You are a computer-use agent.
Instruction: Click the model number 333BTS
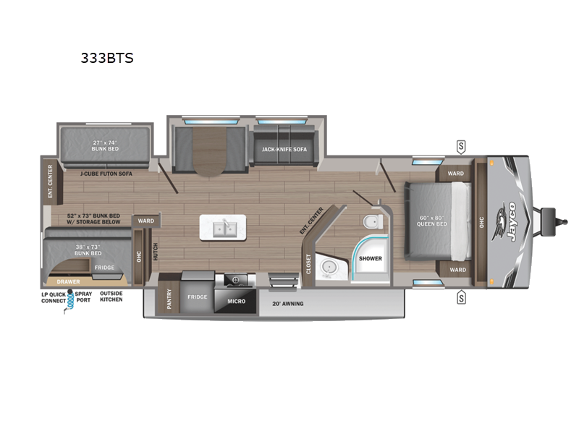click(107, 59)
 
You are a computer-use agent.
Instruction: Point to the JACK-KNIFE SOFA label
click(279, 150)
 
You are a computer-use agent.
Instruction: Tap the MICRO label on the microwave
click(236, 300)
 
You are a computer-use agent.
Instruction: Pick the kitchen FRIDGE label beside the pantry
click(197, 297)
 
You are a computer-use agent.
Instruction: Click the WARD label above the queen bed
click(456, 174)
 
